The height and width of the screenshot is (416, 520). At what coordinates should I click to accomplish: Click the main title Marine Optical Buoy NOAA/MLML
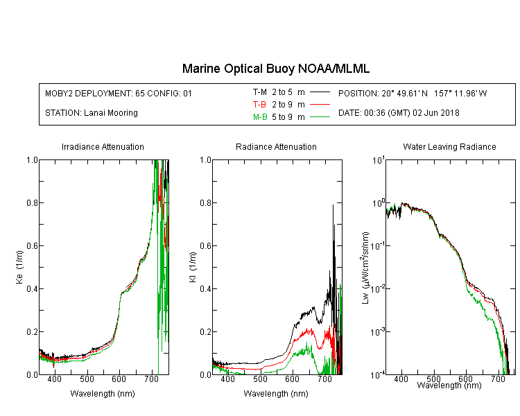pyautogui.click(x=276, y=69)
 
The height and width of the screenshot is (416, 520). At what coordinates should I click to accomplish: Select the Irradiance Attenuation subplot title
pyautogui.click(x=103, y=147)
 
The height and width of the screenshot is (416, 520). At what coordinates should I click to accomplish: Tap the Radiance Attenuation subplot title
pyautogui.click(x=276, y=147)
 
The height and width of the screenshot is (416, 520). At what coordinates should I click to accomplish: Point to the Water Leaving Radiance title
pyautogui.click(x=449, y=147)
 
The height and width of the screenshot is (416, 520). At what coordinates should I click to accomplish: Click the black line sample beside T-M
pyautogui.click(x=319, y=92)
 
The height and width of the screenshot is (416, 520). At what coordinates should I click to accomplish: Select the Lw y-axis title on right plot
pyautogui.click(x=365, y=268)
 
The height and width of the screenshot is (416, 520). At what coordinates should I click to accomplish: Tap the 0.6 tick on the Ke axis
pyautogui.click(x=31, y=246)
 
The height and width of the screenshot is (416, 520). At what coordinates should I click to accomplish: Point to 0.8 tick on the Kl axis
pyautogui.click(x=204, y=203)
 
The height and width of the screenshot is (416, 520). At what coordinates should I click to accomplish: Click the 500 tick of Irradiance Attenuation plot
pyautogui.click(x=87, y=381)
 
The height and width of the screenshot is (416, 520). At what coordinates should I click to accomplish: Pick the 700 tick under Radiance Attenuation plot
pyautogui.click(x=324, y=381)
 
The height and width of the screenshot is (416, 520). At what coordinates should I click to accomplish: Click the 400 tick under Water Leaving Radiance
pyautogui.click(x=401, y=380)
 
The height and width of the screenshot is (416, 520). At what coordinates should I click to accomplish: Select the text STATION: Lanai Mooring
pyautogui.click(x=91, y=113)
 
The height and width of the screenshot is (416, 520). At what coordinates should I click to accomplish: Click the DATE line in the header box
pyautogui.click(x=399, y=113)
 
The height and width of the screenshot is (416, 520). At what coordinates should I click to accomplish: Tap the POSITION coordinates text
pyautogui.click(x=413, y=93)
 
